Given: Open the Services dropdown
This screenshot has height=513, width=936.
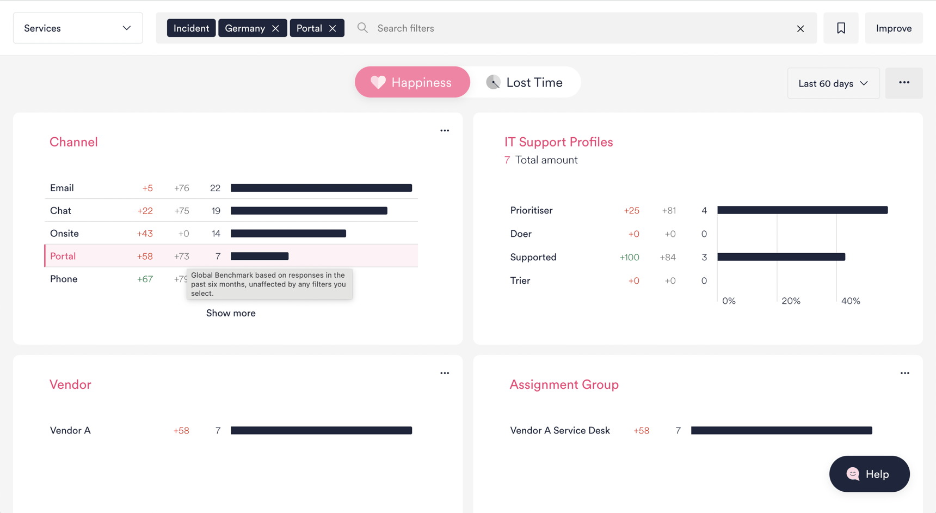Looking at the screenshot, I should tap(78, 28).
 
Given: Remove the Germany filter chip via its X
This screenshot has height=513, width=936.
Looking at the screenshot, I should tap(275, 28).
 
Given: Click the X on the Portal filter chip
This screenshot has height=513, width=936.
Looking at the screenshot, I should tap(332, 28).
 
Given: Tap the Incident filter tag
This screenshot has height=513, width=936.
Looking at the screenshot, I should tap(191, 28).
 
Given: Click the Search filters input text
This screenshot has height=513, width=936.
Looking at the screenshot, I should tap(405, 28).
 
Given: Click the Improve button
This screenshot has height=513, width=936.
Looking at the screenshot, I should tap(894, 28).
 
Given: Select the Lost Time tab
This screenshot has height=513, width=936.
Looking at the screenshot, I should tap(525, 82).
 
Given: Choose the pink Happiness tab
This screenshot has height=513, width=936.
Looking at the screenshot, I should tap(412, 82).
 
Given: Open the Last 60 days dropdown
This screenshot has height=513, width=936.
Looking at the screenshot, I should tap(833, 83).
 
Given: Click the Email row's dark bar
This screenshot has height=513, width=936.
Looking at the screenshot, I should tap(321, 188).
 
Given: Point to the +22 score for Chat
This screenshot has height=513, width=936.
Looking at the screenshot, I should tap(145, 211).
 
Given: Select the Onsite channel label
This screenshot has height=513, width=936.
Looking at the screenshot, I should tap(64, 234).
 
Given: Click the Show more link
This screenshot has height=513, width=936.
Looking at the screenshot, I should tap(231, 313).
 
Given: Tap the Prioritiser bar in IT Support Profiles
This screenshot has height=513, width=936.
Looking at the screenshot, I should tap(802, 210).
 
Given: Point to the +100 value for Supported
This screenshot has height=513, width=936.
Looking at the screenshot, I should tap(629, 257).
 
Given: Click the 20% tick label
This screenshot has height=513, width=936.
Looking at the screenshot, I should tap(791, 301).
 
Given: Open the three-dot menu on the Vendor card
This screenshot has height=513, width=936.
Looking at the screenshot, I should tap(445, 373).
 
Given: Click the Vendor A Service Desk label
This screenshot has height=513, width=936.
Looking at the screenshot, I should tap(559, 430).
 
